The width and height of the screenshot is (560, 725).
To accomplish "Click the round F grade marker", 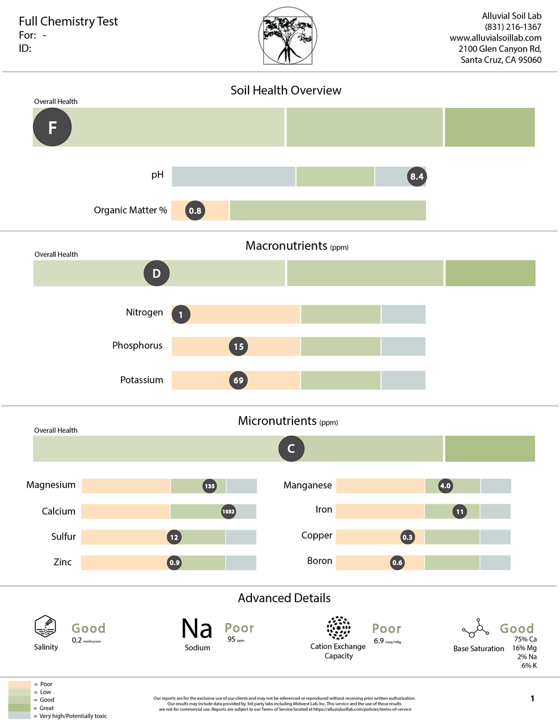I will point(52,127).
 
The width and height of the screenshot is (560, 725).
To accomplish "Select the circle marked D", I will point(157,274).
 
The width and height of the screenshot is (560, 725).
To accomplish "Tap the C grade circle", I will point(291,449).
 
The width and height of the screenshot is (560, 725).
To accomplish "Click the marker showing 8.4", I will point(417,176).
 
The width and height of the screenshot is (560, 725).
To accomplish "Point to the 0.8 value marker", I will point(195,210).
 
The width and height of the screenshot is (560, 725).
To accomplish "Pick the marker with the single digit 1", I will point(181,314).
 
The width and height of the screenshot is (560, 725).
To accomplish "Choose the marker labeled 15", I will point(239,346).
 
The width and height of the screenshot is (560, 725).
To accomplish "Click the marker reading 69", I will point(239,380).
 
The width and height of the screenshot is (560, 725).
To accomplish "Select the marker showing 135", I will point(210,486).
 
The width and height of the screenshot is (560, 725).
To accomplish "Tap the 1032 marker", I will point(229,512).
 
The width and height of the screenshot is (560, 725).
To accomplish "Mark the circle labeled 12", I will point(174,537).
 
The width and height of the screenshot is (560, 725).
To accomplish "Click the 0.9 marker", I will point(174,563).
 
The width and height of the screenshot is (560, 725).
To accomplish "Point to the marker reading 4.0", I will point(445,486).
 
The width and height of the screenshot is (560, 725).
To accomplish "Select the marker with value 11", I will point(459,512).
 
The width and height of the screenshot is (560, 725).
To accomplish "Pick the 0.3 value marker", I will point(407,537).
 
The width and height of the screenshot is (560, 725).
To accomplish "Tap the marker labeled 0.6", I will point(397,563).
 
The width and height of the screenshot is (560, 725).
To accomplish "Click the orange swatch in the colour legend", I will point(19,684).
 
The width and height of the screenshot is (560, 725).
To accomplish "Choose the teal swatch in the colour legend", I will point(19,715).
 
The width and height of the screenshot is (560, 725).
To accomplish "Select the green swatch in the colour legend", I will point(19,700).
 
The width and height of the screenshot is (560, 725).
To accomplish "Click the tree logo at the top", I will point(287,36).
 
